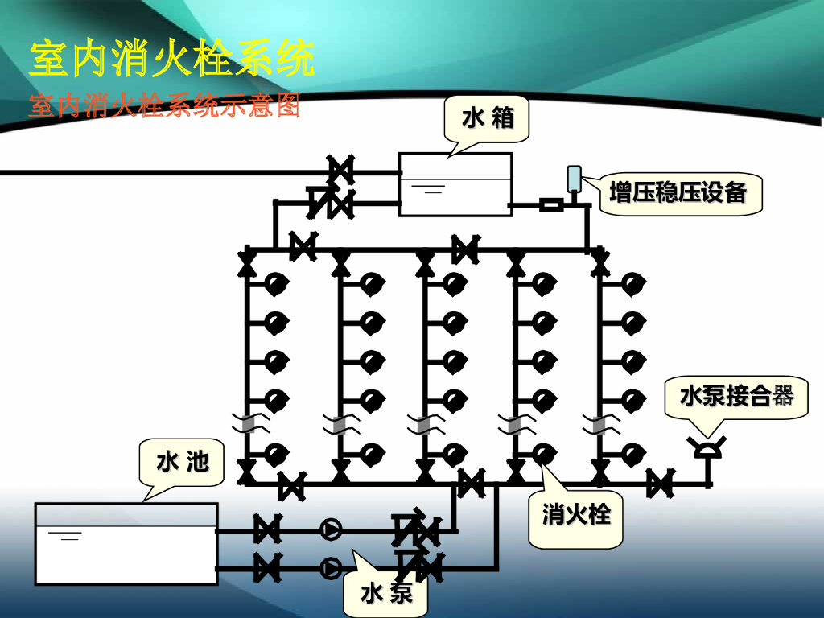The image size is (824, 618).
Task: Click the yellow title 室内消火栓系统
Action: pyautogui.click(x=171, y=60)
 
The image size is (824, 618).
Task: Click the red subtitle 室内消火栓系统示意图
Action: pyautogui.click(x=164, y=106)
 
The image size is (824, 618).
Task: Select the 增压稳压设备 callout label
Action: pyautogui.click(x=678, y=193)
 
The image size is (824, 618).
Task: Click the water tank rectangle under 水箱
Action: pyautogui.click(x=455, y=184)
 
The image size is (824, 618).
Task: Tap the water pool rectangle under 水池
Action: pyautogui.click(x=126, y=543)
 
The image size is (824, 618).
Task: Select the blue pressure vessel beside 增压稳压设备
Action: pyautogui.click(x=574, y=179)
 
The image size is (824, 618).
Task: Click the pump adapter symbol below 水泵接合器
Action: pyautogui.click(x=707, y=447)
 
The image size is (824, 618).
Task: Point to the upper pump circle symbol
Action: pyautogui.click(x=331, y=529)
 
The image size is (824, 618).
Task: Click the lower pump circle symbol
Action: pyautogui.click(x=331, y=568)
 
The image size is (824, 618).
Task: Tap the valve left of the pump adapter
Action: pyautogui.click(x=660, y=484)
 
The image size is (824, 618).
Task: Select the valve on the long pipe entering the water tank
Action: pyautogui.click(x=340, y=171)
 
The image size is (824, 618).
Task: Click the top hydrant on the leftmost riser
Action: pyautogui.click(x=276, y=283)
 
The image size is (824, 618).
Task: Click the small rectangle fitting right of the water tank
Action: pyautogui.click(x=550, y=204)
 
